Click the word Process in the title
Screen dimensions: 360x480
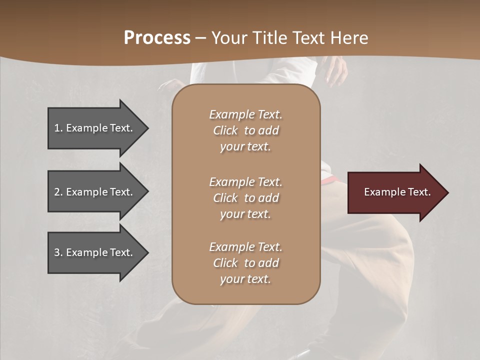(157, 37)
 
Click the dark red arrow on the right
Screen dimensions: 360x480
(395, 192)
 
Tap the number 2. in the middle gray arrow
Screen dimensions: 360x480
(58, 192)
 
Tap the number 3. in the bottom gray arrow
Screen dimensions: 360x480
(58, 252)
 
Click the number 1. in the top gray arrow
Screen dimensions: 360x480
(58, 128)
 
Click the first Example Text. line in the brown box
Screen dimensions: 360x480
(245, 114)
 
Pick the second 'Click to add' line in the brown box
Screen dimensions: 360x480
(245, 198)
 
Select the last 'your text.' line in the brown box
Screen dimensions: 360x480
(245, 279)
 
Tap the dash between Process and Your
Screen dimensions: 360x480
(200, 38)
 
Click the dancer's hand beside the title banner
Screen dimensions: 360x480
(336, 72)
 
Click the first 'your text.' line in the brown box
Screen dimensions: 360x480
(245, 146)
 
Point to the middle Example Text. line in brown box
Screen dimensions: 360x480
(245, 182)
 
